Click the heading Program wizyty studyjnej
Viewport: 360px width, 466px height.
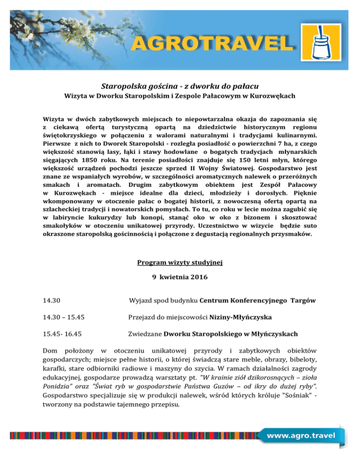tap(180, 263)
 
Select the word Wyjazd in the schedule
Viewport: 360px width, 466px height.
tap(141, 300)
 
